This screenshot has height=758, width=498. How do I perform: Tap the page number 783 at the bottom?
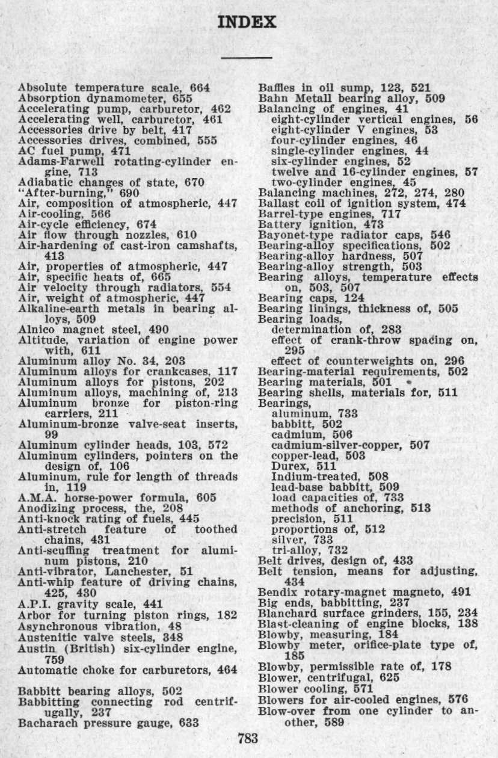coord(248,736)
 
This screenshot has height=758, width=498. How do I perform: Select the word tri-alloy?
coord(293,552)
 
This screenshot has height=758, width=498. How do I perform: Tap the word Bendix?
coord(275,592)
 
